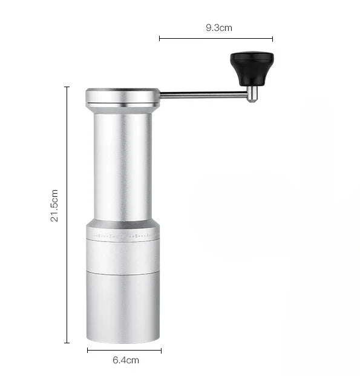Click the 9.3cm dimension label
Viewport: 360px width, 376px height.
(x=219, y=28)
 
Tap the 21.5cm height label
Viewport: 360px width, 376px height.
(x=54, y=205)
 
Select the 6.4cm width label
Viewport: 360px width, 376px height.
(x=126, y=360)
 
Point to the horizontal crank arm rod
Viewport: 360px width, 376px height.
(x=204, y=95)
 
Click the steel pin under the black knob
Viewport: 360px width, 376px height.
(x=252, y=94)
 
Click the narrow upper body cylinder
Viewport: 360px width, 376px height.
(x=123, y=167)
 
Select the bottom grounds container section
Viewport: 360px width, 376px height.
(x=123, y=308)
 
